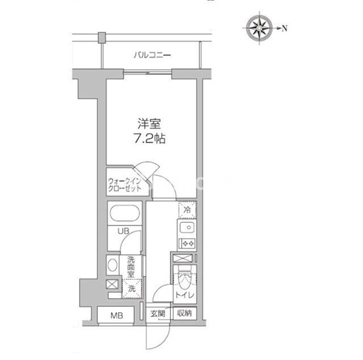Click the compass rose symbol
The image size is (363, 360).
[259, 28]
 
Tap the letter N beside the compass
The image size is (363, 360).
[284, 28]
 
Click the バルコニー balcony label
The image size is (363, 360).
[152, 55]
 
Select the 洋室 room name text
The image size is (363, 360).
[150, 124]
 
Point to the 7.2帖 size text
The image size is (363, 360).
[150, 138]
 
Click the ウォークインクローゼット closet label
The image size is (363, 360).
[125, 185]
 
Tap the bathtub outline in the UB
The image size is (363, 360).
[125, 213]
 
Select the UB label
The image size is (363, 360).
[123, 231]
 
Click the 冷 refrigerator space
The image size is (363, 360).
[187, 210]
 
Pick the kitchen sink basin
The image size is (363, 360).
[187, 227]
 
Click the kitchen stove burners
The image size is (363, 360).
[189, 243]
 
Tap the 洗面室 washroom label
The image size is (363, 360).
[131, 267]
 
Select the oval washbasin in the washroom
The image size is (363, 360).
[113, 265]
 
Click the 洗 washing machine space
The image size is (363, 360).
[132, 288]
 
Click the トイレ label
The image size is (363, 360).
[184, 295]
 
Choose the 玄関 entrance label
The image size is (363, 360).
[157, 314]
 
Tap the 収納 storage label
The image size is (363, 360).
[184, 313]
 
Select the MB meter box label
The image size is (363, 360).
[117, 315]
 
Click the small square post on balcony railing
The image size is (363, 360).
[101, 38]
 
